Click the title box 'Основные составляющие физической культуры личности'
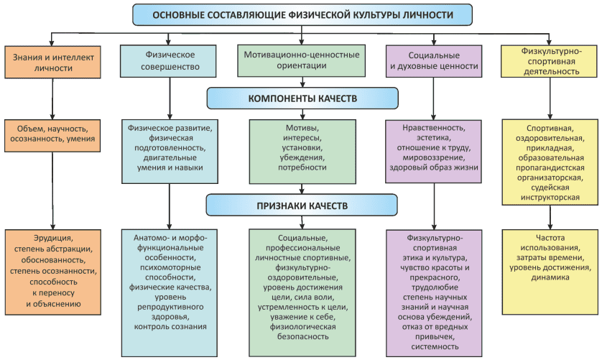click(x=302, y=14)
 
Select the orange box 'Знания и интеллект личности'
click(x=52, y=62)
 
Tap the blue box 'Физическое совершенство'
click(x=168, y=62)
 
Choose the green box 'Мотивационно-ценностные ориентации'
click(x=301, y=60)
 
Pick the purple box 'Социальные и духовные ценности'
click(x=433, y=60)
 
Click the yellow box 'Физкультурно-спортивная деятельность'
click(x=550, y=62)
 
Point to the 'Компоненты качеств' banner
click(x=302, y=98)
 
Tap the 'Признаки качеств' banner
click(x=302, y=206)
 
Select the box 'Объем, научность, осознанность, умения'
click(x=52, y=134)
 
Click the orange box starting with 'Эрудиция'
click(x=52, y=270)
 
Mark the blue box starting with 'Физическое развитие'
click(x=168, y=147)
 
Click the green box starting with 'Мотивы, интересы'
click(x=302, y=147)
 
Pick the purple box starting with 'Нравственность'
click(x=433, y=147)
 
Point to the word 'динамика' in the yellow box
click(x=550, y=279)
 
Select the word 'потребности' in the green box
click(x=302, y=167)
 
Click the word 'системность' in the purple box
click(x=434, y=346)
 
